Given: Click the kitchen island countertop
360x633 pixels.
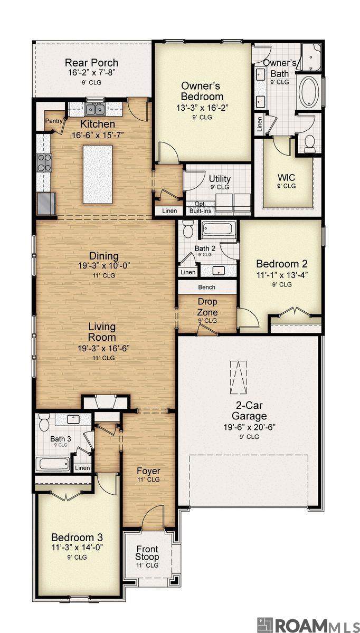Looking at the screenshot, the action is click(98, 174).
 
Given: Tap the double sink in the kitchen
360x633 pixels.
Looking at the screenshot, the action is click(95, 109).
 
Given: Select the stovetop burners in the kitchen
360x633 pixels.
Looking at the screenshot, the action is click(45, 163).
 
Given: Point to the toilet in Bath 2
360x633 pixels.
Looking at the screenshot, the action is click(187, 229).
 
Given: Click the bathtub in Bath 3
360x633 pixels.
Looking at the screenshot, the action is click(53, 464).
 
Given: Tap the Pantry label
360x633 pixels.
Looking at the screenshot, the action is click(54, 121).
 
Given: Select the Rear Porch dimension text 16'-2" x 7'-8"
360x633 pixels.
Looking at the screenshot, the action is click(92, 73).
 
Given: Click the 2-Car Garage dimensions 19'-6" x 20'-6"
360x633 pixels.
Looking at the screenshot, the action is click(249, 427).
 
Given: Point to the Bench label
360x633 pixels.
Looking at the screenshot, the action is click(207, 287).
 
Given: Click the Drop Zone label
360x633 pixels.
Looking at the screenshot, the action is click(207, 307).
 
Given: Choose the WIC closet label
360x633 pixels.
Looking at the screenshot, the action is click(286, 177).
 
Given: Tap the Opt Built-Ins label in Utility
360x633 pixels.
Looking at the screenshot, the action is click(200, 207).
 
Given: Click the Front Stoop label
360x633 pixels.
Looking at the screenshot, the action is click(147, 553).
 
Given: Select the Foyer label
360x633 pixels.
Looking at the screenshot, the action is click(148, 471).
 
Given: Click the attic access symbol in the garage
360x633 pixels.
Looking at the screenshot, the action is click(239, 377).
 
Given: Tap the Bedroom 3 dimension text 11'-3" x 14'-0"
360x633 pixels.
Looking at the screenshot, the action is click(77, 548).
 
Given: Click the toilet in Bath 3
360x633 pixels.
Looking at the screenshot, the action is click(44, 422).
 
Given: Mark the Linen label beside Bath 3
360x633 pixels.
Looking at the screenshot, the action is click(82, 468).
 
